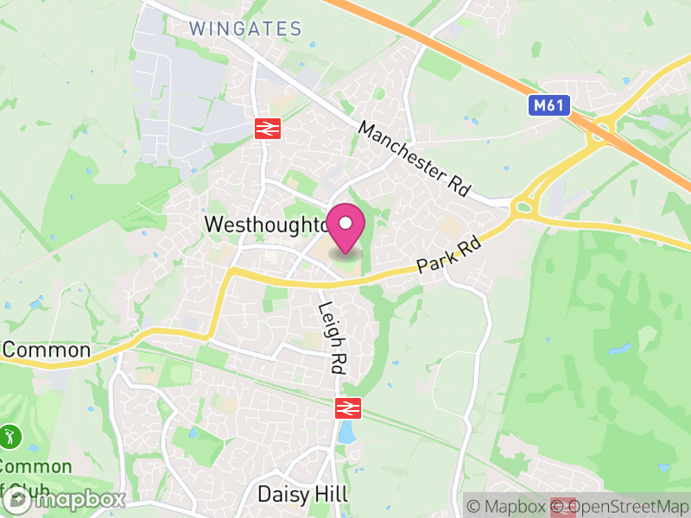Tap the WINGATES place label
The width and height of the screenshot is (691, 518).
click(245, 28)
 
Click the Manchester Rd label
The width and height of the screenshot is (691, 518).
click(414, 159)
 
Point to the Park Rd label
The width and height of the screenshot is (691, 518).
click(448, 256)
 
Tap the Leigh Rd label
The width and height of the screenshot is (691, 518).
click(331, 337)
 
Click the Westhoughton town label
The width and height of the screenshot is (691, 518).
click(264, 224)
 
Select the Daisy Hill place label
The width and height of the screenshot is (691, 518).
click(302, 495)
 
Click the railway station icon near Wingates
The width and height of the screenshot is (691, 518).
click(266, 129)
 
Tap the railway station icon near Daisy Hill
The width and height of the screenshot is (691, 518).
click(347, 407)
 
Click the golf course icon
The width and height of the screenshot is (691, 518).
click(10, 436)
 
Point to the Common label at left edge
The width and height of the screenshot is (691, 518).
click(47, 350)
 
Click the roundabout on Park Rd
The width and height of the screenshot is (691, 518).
click(522, 207)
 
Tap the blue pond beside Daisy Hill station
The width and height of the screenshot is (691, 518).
click(347, 433)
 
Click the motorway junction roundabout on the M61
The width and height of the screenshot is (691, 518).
click(598, 134)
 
